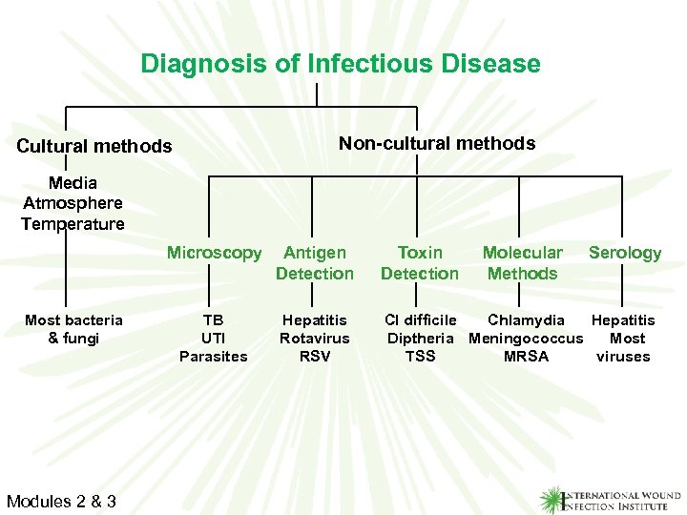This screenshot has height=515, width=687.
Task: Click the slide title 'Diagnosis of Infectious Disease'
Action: (x=341, y=64)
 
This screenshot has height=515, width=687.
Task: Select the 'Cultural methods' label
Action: (x=94, y=147)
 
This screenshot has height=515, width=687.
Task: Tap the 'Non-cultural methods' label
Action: (x=437, y=143)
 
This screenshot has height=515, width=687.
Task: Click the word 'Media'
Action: (x=73, y=182)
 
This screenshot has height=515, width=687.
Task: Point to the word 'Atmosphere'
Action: (x=73, y=203)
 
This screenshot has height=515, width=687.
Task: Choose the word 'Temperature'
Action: (x=73, y=224)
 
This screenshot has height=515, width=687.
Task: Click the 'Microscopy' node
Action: (x=214, y=253)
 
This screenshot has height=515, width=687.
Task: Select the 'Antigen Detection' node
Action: (x=315, y=263)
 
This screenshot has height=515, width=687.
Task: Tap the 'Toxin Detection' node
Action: (x=420, y=263)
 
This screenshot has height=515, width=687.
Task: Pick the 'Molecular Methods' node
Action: (x=522, y=263)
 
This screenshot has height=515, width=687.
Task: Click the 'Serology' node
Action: (x=624, y=253)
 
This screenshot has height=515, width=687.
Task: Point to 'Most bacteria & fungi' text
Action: (x=73, y=329)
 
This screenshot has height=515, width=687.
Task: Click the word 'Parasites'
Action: (x=214, y=357)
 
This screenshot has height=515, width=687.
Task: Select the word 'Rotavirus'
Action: (x=315, y=339)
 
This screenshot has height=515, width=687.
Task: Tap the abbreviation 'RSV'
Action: (x=315, y=357)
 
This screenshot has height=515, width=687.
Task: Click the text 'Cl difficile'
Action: (x=420, y=320)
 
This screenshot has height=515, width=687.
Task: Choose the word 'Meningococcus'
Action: (x=526, y=339)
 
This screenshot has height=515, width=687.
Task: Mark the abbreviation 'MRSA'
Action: (x=526, y=357)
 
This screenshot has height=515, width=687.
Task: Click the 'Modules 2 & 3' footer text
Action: (x=61, y=501)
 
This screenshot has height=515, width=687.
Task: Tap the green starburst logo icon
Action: (x=553, y=498)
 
